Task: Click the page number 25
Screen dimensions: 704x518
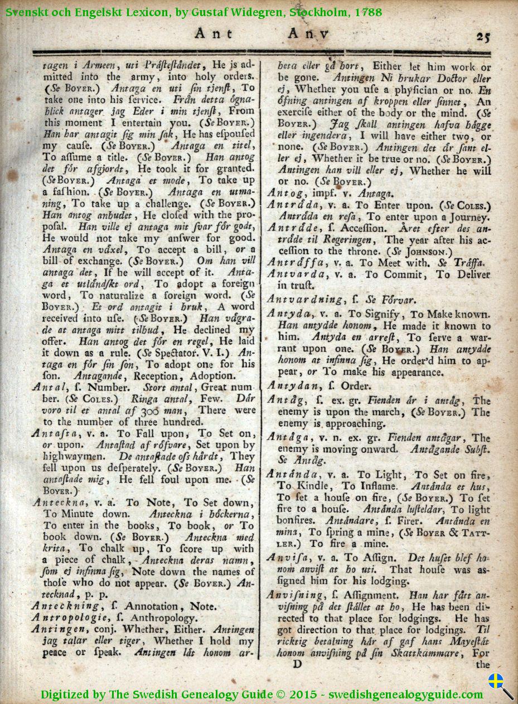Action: tap(482, 37)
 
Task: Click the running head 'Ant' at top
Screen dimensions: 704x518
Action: tap(213, 33)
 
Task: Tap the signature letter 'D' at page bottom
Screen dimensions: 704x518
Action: tap(297, 664)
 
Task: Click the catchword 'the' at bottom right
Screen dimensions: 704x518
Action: tap(482, 664)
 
